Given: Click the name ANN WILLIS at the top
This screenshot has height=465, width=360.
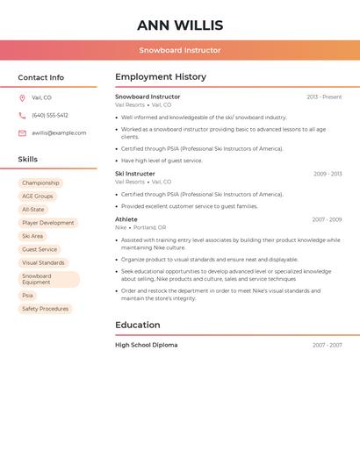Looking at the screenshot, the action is tap(180, 25).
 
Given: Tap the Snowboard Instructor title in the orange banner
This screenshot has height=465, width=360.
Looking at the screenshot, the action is tap(180, 50).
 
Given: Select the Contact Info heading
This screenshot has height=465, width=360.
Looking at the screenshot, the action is tap(40, 77).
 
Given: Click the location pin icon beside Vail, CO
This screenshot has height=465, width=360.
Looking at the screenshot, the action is tap(22, 98).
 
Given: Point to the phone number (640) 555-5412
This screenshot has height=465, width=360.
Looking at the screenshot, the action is tap(50, 115).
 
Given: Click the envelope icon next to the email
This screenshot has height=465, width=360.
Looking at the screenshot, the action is tap(22, 133).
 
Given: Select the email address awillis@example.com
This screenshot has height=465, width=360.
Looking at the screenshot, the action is tap(59, 133).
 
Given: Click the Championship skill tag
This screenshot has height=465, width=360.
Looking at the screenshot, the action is tap(40, 183).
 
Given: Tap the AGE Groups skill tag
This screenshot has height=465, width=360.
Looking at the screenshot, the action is tap(38, 197).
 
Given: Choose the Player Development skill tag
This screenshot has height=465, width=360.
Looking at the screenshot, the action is tap(48, 223).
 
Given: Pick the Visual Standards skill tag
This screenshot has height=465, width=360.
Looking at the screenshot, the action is tap(43, 262).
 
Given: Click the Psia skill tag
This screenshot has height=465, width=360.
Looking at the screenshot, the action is tap(28, 296).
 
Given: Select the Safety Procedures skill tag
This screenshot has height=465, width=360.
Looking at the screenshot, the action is tap(45, 309).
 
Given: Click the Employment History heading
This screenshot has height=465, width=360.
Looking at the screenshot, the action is tap(161, 77).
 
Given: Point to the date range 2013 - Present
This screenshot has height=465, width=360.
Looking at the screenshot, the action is tap(324, 97).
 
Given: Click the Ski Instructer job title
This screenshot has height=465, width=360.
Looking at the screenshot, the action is tap(134, 174).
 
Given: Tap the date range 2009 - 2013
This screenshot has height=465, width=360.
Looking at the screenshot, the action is tap(328, 174).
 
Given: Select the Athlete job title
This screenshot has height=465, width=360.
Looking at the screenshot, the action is tap(126, 219).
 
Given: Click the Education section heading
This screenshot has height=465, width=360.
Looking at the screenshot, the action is tap(138, 325).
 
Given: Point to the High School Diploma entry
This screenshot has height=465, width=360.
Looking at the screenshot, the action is tap(146, 345).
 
